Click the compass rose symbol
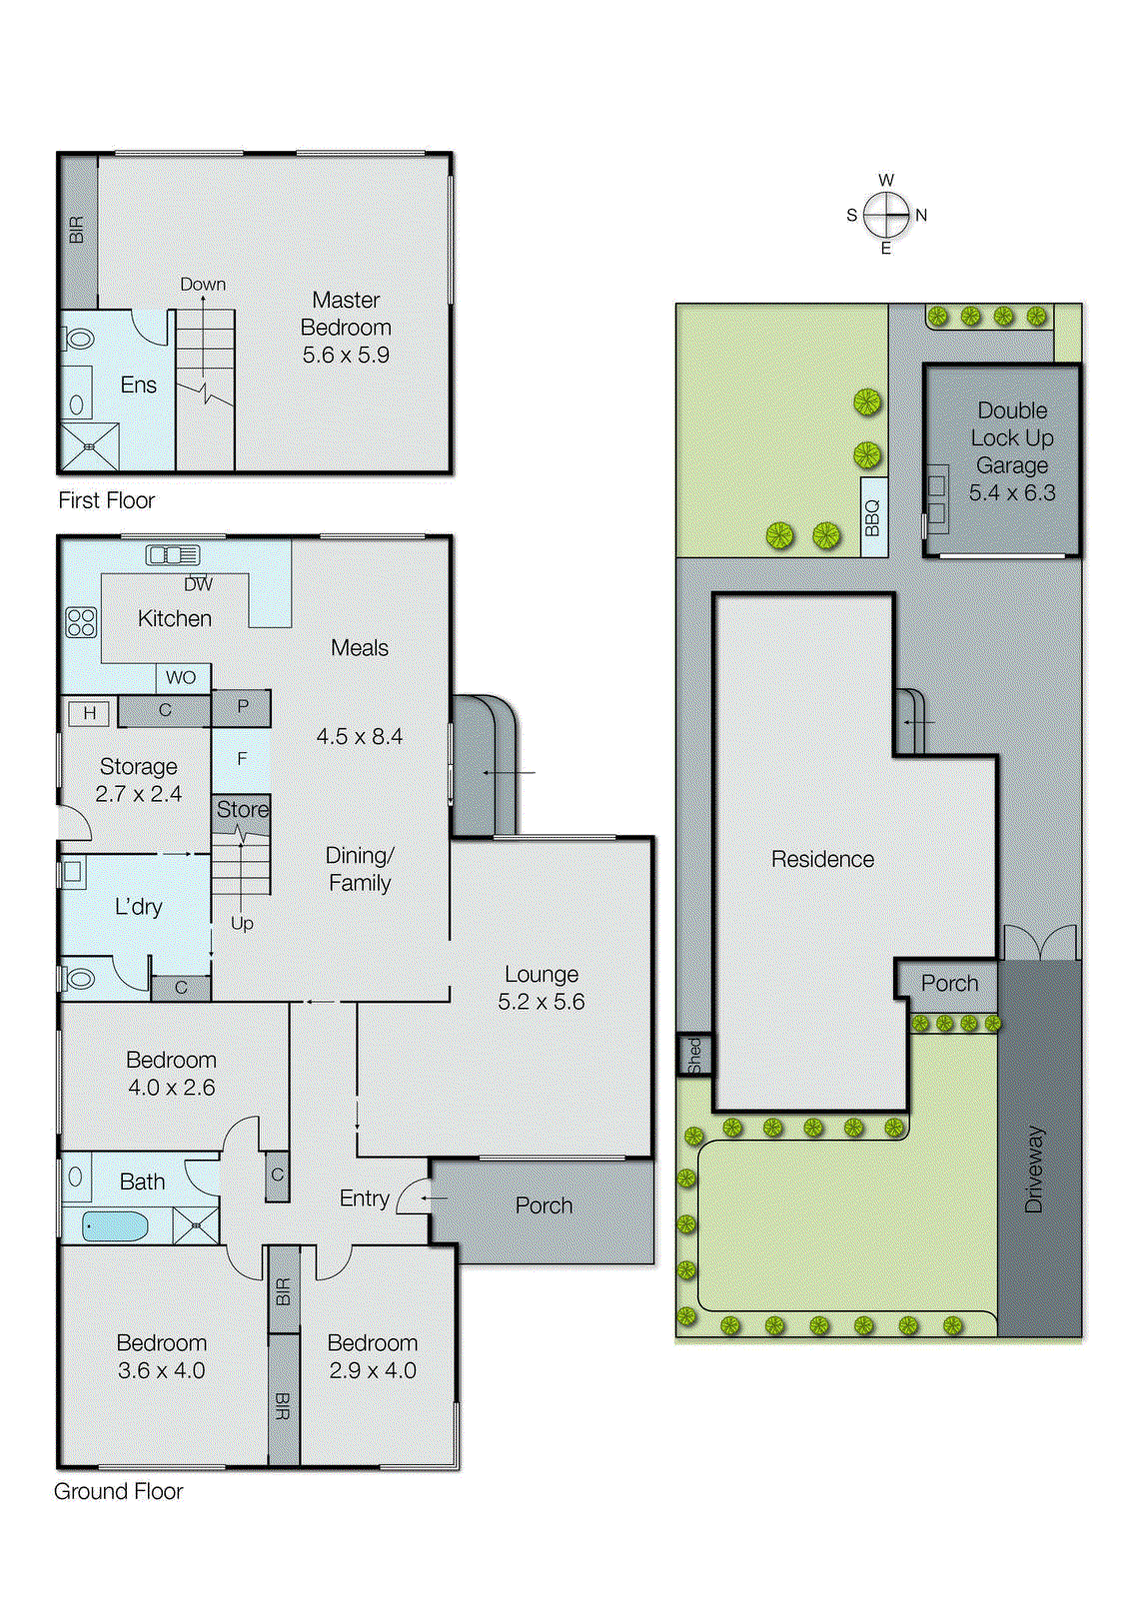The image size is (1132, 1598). pyautogui.click(x=885, y=215)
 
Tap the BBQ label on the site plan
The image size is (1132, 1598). pyautogui.click(x=872, y=517)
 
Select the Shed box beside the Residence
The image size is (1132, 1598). pyautogui.click(x=694, y=1055)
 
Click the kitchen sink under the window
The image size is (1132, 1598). pyautogui.click(x=173, y=555)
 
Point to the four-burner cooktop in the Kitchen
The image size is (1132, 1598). pyautogui.click(x=81, y=622)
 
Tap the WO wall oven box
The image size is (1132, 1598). pyautogui.click(x=182, y=677)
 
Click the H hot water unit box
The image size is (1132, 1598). pyautogui.click(x=89, y=713)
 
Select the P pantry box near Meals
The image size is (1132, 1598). pyautogui.click(x=242, y=707)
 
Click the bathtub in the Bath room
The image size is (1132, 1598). pyautogui.click(x=115, y=1225)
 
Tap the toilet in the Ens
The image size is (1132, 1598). pyautogui.click(x=79, y=340)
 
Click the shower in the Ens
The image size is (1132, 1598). pyautogui.click(x=89, y=446)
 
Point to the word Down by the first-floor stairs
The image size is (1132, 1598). pyautogui.click(x=203, y=285)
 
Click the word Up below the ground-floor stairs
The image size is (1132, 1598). pyautogui.click(x=242, y=924)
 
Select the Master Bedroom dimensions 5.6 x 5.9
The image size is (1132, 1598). pyautogui.click(x=346, y=355)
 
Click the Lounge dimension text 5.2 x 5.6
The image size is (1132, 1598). pyautogui.click(x=541, y=1002)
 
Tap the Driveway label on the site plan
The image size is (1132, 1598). pyautogui.click(x=1034, y=1169)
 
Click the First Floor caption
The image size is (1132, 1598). pyautogui.click(x=106, y=500)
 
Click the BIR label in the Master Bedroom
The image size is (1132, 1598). pyautogui.click(x=77, y=230)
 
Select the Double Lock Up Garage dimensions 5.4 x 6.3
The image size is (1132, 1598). pyautogui.click(x=1011, y=492)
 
